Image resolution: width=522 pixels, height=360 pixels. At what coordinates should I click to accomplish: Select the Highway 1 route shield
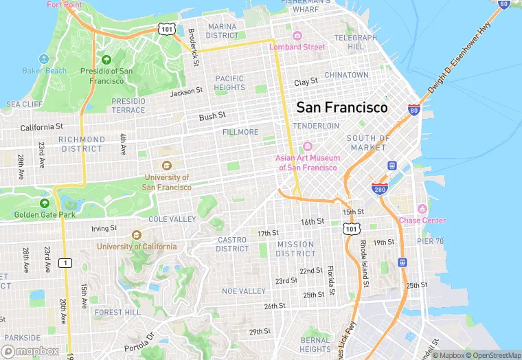65,262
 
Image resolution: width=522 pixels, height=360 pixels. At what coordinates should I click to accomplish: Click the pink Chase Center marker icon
422,209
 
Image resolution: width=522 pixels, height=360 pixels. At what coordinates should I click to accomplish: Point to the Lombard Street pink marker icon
297,36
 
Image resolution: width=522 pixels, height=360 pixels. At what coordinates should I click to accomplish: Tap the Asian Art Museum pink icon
306,146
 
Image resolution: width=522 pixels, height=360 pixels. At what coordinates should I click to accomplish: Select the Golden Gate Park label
45,214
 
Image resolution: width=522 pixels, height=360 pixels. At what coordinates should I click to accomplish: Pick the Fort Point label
64,4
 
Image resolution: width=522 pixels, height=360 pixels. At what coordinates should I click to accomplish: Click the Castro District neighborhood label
232,244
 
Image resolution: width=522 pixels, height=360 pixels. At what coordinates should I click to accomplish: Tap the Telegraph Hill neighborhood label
356,42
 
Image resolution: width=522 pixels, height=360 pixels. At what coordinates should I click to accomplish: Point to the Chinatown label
346,74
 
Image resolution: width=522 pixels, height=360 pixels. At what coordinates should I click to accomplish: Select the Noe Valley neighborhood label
244,291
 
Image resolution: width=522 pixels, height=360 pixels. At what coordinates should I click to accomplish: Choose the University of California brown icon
135,235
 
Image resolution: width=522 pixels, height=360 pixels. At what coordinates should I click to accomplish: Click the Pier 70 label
430,241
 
